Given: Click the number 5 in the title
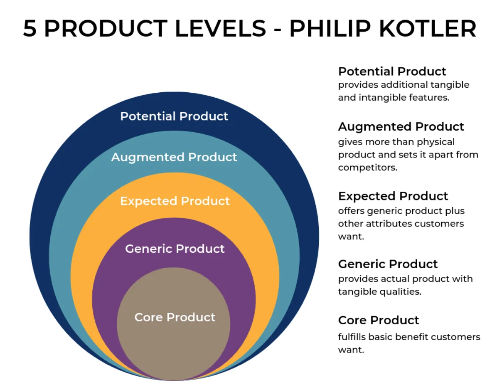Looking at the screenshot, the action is point(30,29).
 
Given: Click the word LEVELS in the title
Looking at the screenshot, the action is point(220,29).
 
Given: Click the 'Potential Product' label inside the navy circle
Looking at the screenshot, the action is point(174,116).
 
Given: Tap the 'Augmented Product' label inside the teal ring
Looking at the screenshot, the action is point(174,157).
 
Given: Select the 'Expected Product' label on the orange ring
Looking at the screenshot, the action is point(175,201).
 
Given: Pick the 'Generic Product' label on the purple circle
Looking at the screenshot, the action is point(175,249).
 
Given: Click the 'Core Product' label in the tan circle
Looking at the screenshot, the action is point(175,317).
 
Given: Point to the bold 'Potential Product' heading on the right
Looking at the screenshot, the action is point(392,72).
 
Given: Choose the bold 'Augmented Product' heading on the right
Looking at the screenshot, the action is point(401,127).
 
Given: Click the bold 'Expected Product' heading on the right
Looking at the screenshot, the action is point(393,196).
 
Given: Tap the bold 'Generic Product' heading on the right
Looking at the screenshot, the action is point(388,264).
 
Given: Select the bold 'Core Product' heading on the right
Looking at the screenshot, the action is point(379,320).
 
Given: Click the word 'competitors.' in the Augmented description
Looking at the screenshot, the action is point(368,168).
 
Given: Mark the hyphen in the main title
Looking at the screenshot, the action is point(278,30).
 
